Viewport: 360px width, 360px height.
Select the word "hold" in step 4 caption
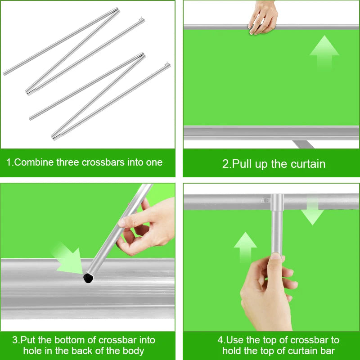(x=232, y=351)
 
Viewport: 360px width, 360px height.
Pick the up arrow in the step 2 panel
(x=324, y=52)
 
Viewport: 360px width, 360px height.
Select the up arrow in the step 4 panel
(x=245, y=247)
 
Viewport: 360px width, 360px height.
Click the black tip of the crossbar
(x=88, y=278)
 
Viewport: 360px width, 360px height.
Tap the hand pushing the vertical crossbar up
(x=267, y=292)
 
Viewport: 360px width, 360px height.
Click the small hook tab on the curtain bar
(x=265, y=200)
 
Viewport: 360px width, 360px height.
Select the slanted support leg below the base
(x=303, y=144)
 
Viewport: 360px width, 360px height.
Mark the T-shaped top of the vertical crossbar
(x=277, y=202)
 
